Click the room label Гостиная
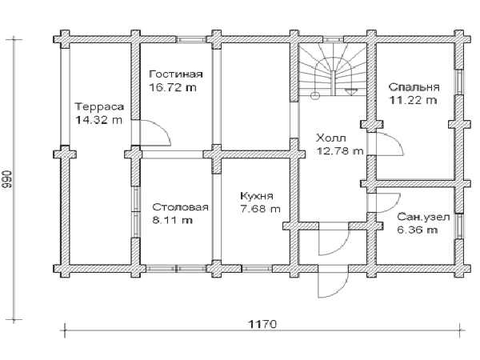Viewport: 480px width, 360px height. tap(176, 74)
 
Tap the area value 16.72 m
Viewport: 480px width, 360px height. tap(173, 87)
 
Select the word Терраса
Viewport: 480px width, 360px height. tap(99, 106)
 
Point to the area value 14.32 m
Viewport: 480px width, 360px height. tap(98, 120)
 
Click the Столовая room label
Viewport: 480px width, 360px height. tap(180, 207)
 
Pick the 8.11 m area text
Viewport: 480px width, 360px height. tap(172, 220)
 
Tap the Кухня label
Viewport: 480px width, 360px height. tap(257, 196)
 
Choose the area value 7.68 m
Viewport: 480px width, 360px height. tap(260, 209)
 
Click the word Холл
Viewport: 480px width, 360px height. tap(331, 138)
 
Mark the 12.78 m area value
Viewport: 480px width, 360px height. tap(340, 151)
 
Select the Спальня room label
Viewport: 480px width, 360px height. tap(414, 87)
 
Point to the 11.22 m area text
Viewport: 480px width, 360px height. tap(413, 100)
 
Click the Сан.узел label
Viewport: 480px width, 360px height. tap(423, 217)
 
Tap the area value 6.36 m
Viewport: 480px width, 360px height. tap(418, 230)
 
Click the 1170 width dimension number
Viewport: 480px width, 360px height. tap(262, 323)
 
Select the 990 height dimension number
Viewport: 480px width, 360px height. tap(7, 178)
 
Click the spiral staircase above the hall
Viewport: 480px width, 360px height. tap(333, 70)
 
